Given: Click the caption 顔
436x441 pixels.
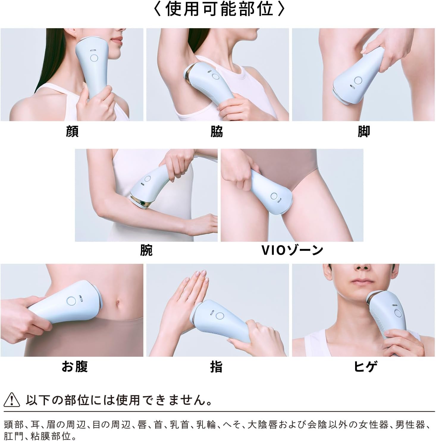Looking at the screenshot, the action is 72,131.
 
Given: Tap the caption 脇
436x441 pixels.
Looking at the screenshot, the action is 217,131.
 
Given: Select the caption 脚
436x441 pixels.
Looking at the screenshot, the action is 364,131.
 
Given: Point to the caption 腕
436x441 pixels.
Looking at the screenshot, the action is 146,250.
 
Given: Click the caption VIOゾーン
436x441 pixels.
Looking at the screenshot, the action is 292,250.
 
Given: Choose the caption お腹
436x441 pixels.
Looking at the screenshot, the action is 75,367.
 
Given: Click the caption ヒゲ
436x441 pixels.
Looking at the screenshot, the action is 366,367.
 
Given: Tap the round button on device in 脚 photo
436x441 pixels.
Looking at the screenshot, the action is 357,80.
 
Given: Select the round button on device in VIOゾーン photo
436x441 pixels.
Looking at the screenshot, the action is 274,196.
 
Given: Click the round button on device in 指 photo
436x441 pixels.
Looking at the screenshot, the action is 220,316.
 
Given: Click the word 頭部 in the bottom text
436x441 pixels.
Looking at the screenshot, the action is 14,425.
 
